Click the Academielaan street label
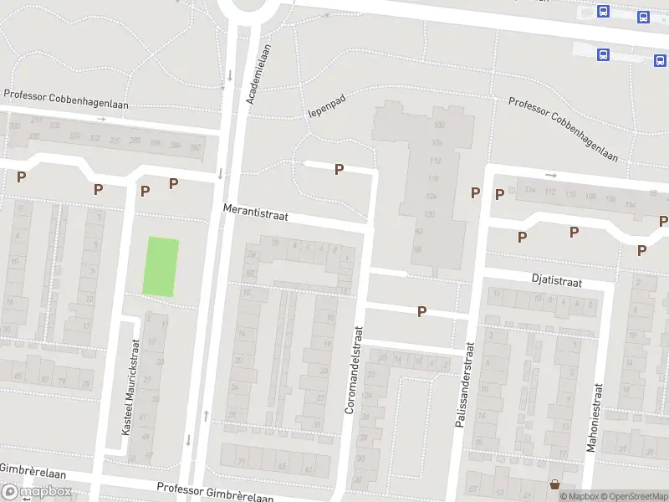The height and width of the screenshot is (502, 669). [259, 74]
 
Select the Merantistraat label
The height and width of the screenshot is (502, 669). [256, 215]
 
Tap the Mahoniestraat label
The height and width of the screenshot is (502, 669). [595, 418]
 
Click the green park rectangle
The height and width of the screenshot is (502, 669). [161, 266]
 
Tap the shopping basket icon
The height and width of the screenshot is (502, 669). [554, 484]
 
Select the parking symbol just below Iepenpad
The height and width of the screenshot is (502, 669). [339, 170]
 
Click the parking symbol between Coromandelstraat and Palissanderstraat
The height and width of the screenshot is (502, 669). [422, 311]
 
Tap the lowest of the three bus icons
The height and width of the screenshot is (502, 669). [603, 54]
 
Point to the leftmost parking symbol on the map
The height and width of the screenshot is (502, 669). [22, 177]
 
